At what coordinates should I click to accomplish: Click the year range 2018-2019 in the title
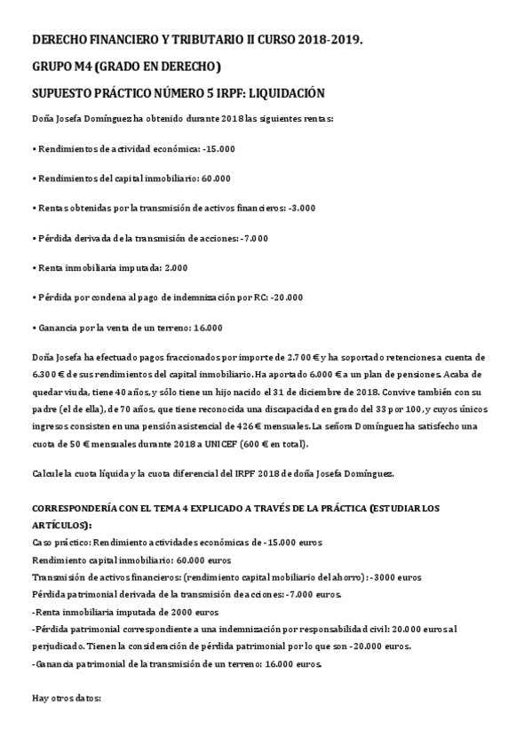330,41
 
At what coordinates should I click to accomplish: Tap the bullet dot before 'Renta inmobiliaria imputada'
34,267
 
